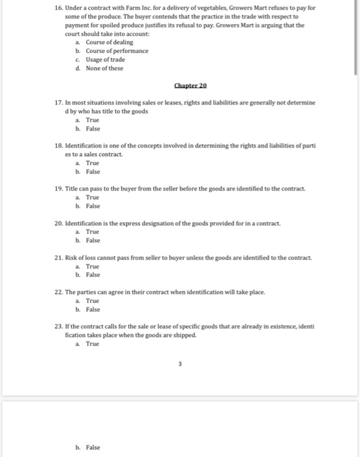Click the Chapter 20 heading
click(190, 86)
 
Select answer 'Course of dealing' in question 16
click(109, 42)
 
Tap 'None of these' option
click(104, 68)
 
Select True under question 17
click(92, 120)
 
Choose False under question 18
click(93, 172)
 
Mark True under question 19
click(92, 197)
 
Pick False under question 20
click(93, 240)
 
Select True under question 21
click(92, 266)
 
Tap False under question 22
click(93, 309)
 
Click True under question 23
click(92, 343)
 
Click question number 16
click(59, 8)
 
